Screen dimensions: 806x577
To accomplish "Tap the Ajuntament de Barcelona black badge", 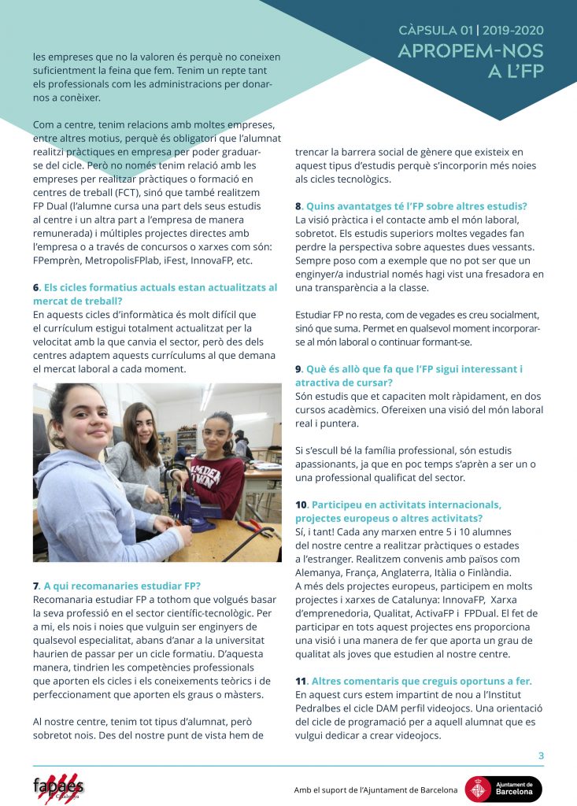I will pos(503,789).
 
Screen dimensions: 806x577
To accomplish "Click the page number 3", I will pos(541,756).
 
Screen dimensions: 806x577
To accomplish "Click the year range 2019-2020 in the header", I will pos(513,31).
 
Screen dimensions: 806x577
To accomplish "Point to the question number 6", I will pos(36,288).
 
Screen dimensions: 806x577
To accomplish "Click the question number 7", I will pos(36,586).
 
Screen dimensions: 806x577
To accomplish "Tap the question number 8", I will pos(298,206).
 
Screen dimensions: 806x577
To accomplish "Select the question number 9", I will pos(298,369).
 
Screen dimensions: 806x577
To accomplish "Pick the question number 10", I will pos(301,505).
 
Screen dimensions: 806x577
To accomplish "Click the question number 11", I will pos(300,681).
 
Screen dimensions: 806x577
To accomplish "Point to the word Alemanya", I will pos(321,572).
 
